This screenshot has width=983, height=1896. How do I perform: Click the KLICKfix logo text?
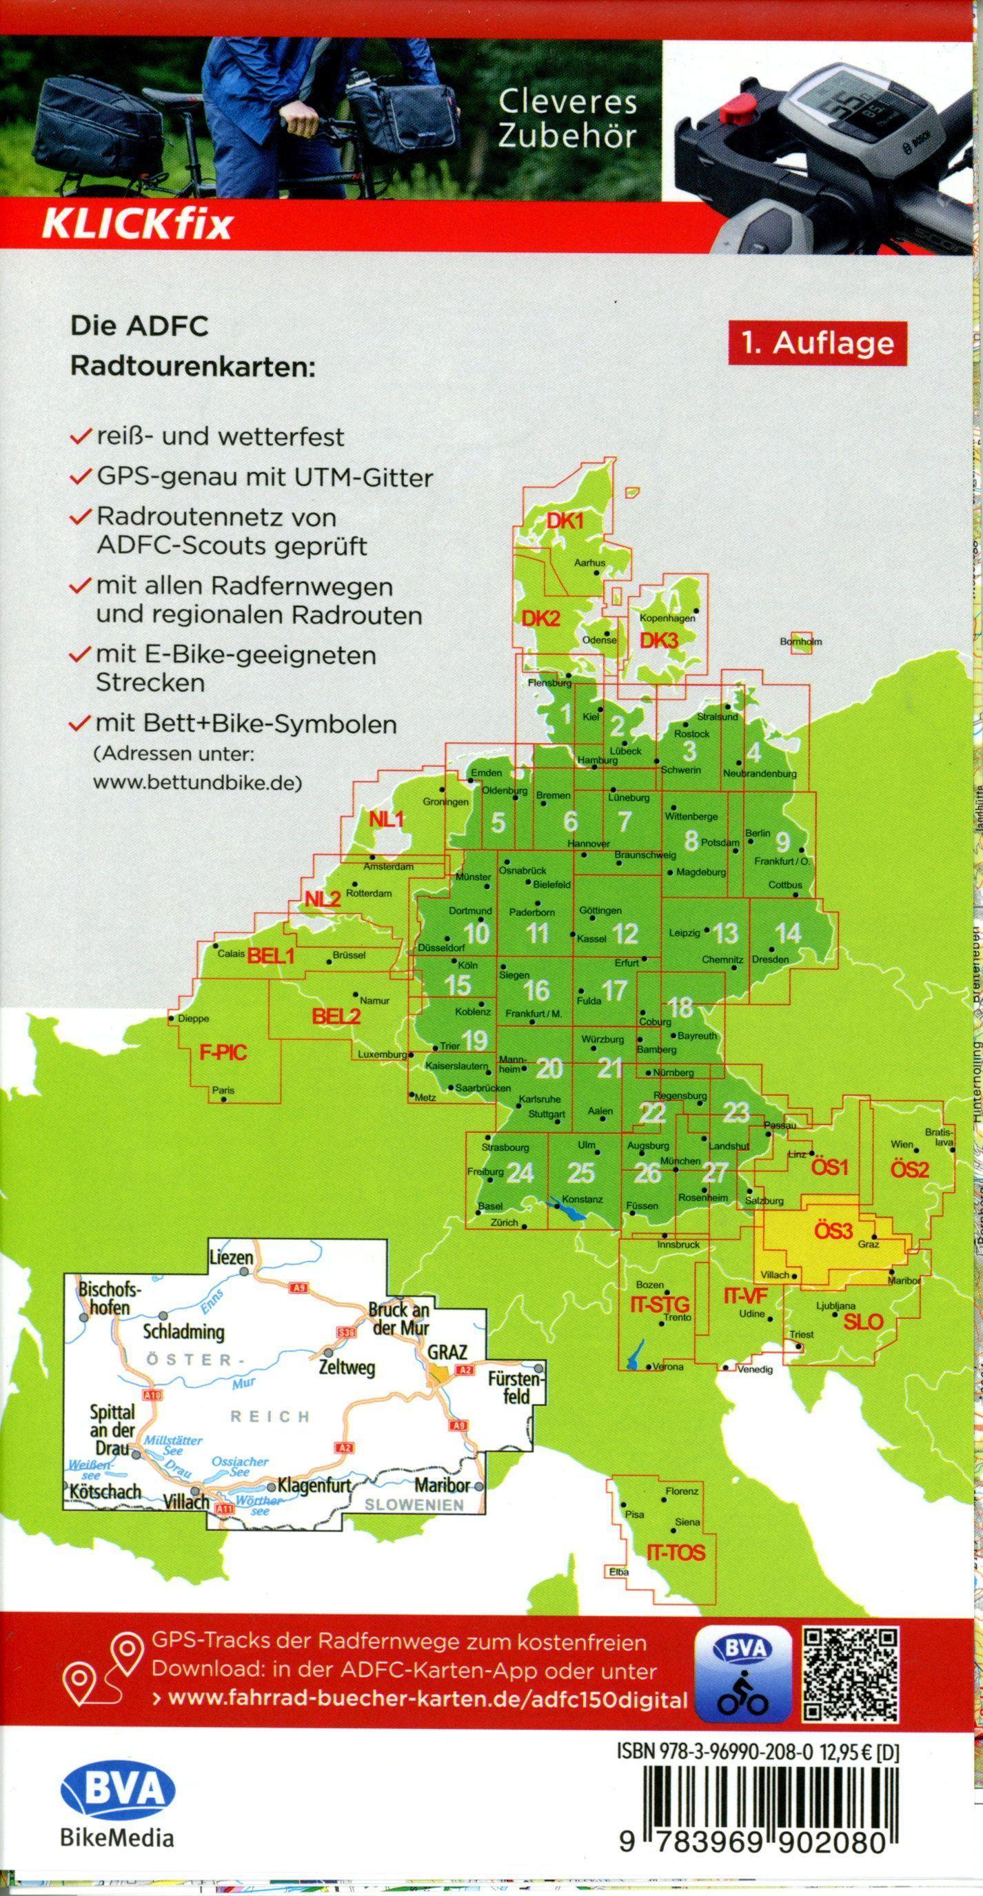tap(137, 226)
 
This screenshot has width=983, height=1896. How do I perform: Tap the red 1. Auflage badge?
tap(818, 343)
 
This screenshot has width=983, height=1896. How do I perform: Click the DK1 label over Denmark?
tap(565, 521)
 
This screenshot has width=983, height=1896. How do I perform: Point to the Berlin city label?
tap(758, 833)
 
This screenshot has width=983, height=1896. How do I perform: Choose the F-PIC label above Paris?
tap(223, 1052)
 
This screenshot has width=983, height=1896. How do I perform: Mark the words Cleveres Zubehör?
tap(567, 119)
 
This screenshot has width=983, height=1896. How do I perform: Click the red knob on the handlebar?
tap(737, 112)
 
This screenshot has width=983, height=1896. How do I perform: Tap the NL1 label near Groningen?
tap(387, 819)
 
